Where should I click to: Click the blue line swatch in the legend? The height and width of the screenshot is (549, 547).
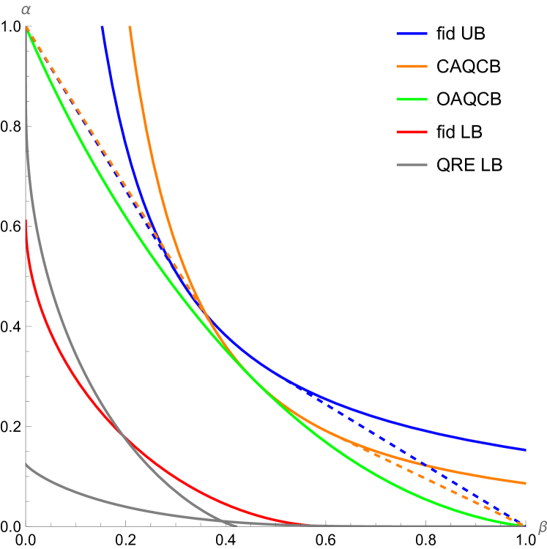(412, 34)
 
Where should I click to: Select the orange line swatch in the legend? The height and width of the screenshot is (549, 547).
(412, 67)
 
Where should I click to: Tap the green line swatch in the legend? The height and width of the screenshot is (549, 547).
(412, 100)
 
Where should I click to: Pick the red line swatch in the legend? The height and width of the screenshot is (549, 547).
(412, 132)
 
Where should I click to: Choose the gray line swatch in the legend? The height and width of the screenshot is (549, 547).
(412, 165)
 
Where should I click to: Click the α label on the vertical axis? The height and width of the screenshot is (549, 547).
(26, 10)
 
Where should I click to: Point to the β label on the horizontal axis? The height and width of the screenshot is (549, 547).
(542, 526)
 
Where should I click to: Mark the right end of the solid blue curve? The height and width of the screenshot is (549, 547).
(526, 449)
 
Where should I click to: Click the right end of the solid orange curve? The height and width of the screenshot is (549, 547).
(526, 483)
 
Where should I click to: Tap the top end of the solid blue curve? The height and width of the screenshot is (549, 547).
(102, 27)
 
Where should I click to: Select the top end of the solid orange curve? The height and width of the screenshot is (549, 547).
(130, 27)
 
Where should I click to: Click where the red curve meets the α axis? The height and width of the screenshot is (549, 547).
(26, 220)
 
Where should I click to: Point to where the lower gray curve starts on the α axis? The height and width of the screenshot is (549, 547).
(26, 464)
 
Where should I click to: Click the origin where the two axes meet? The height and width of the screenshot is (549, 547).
(26, 526)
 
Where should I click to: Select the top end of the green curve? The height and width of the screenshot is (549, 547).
(27, 29)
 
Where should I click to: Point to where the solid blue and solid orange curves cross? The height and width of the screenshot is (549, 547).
(207, 317)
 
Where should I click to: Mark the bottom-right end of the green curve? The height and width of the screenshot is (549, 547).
(524, 525)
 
